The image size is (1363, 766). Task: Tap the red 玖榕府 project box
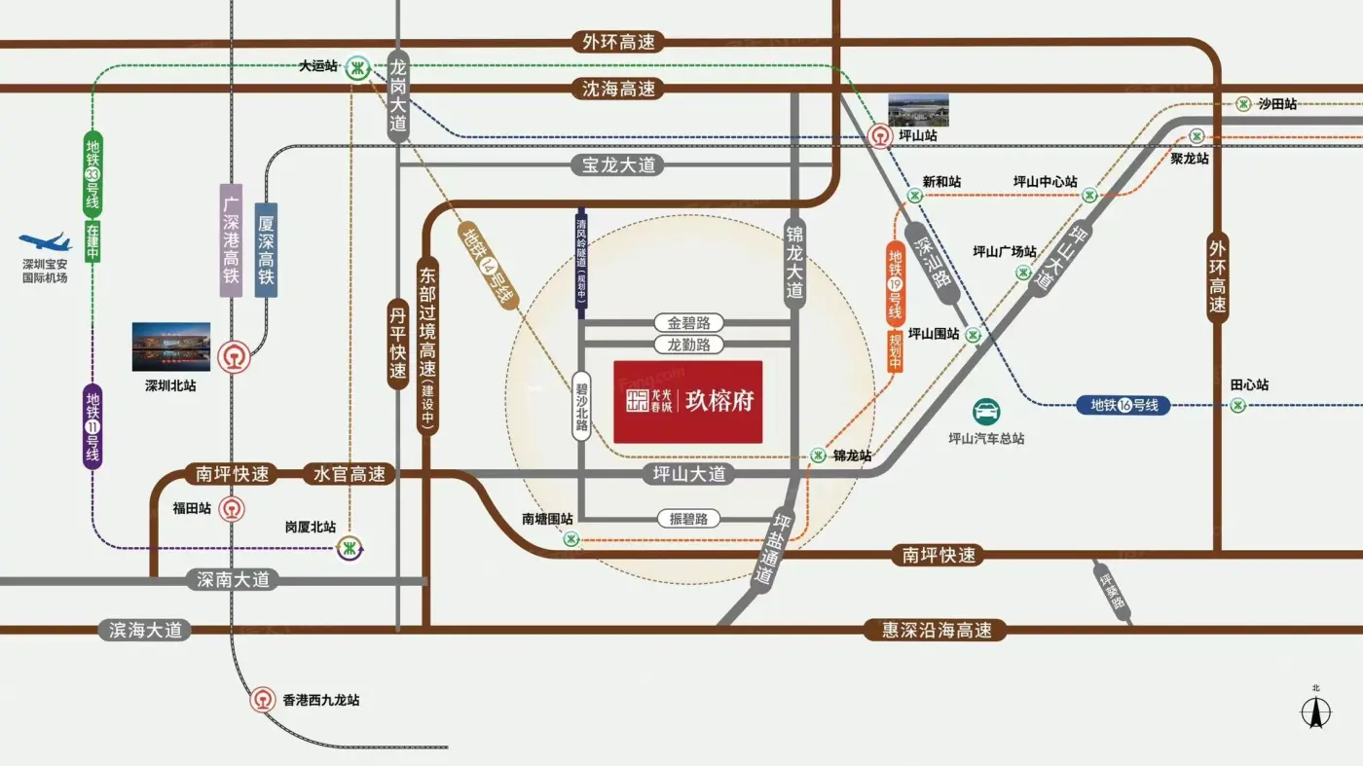tap(687, 401)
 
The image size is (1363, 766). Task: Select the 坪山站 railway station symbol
tap(880, 136)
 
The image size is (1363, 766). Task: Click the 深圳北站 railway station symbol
tap(234, 357)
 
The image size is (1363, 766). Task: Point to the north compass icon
tap(1316, 712)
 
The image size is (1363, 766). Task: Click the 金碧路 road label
tap(688, 322)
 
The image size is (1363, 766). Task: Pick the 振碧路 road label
tap(688, 519)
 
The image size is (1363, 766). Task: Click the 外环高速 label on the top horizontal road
tap(618, 43)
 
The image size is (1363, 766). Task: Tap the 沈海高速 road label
tap(618, 89)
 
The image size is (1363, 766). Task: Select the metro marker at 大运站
tap(358, 67)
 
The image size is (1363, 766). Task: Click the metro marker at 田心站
tap(1237, 405)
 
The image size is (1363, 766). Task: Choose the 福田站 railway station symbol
tap(232, 508)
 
